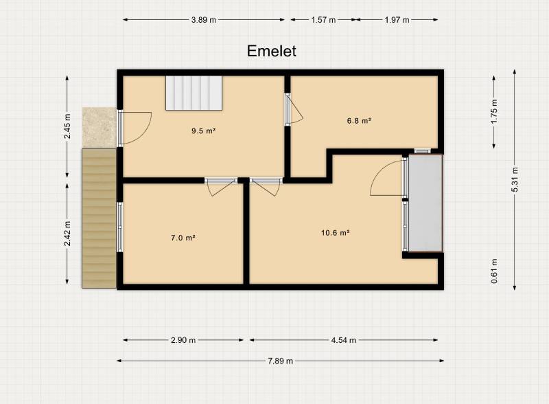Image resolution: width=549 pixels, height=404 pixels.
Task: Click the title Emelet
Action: click(x=272, y=52)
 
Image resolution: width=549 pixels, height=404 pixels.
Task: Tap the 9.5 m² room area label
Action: click(x=203, y=131)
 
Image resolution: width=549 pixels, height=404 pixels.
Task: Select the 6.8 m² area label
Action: click(x=359, y=121)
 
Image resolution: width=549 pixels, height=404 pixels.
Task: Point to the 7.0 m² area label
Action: click(x=183, y=238)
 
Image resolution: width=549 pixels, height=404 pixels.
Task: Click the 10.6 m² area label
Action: click(x=336, y=232)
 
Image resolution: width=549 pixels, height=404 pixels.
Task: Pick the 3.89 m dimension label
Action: click(x=204, y=20)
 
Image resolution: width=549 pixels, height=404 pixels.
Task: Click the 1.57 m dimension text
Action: click(x=323, y=20)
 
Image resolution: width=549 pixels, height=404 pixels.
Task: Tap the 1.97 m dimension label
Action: click(x=397, y=20)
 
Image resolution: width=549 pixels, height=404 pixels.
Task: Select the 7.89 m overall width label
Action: click(x=281, y=361)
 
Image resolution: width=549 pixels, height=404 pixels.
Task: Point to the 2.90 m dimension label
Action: click(x=183, y=340)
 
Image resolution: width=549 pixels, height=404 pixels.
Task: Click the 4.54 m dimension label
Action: click(x=344, y=340)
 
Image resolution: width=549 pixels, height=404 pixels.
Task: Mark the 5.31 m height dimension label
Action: click(x=515, y=179)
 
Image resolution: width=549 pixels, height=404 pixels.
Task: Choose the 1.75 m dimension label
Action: click(x=494, y=112)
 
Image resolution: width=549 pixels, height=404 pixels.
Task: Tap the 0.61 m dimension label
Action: click(x=494, y=271)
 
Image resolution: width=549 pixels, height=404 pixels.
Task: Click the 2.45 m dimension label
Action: click(x=67, y=126)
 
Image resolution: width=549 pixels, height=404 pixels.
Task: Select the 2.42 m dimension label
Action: click(x=67, y=234)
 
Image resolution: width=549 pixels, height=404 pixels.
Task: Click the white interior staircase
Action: click(x=194, y=93)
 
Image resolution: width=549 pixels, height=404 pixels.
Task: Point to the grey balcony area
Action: click(x=425, y=203)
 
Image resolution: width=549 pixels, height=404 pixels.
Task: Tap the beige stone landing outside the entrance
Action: click(x=100, y=127)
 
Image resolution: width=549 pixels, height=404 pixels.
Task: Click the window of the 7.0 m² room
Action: click(x=119, y=227)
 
